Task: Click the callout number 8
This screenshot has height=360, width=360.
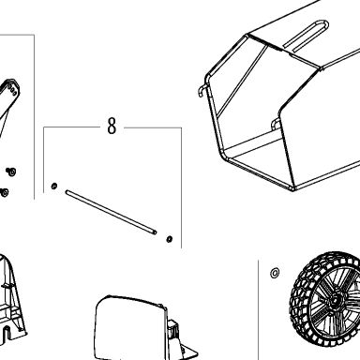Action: tap(112, 126)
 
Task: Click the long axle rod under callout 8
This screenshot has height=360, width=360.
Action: tap(112, 212)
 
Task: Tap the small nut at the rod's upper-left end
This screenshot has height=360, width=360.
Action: tap(54, 187)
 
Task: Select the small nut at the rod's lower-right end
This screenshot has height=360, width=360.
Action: tap(170, 239)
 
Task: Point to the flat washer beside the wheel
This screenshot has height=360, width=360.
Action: tap(275, 273)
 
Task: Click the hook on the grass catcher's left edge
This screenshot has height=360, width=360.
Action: tap(202, 90)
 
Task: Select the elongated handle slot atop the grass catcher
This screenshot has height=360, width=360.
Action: tap(307, 35)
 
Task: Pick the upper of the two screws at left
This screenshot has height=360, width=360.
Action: tap(11, 172)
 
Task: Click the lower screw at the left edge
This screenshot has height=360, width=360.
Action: tap(5, 192)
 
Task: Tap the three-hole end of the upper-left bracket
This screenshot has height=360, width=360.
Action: tap(12, 88)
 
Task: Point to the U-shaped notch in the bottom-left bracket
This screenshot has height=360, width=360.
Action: tap(7, 332)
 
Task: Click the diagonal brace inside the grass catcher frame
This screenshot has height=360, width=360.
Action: tap(243, 80)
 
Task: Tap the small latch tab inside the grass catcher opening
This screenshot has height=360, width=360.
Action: tap(276, 124)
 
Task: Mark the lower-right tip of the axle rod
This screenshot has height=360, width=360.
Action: tap(156, 232)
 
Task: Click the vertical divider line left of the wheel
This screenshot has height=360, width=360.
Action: tap(258, 309)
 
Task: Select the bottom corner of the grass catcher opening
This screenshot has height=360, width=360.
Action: tap(292, 188)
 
